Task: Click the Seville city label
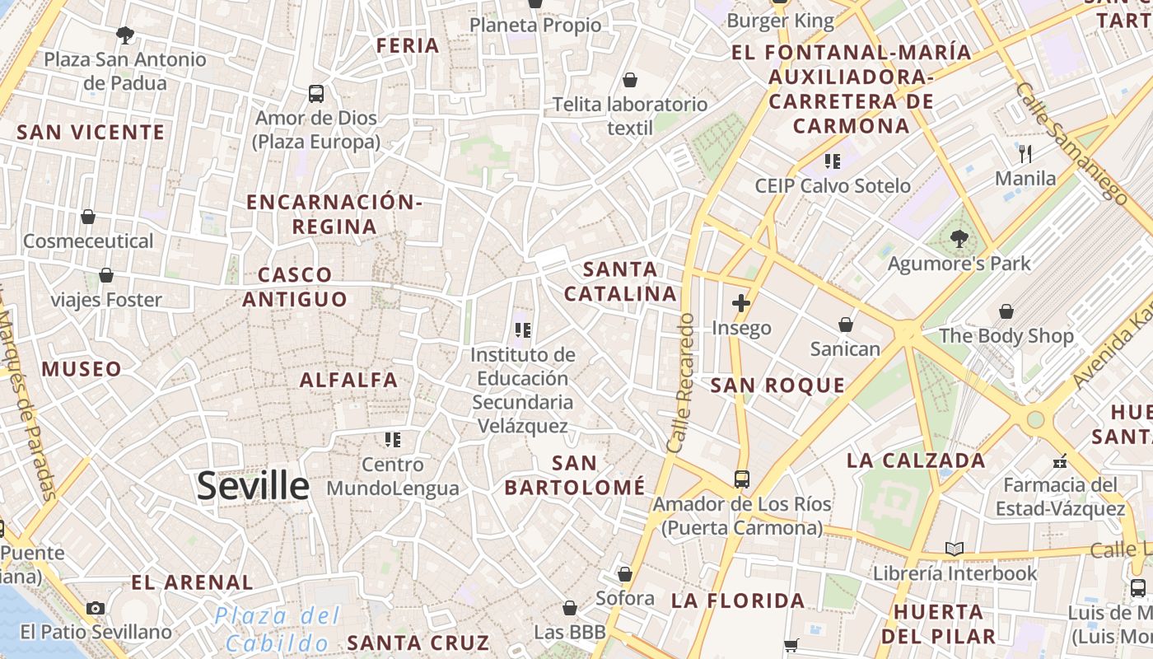(253, 486)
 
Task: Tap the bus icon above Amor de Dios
(316, 93)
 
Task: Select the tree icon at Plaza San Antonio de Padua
(125, 35)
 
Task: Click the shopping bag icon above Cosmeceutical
(88, 217)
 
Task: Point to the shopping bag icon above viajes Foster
(106, 275)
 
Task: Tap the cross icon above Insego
(741, 303)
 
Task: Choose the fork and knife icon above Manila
(1025, 153)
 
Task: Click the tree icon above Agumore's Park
(959, 239)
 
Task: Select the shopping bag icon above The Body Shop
(1006, 311)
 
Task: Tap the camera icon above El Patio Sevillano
(96, 608)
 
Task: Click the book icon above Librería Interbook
(955, 549)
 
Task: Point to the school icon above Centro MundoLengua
(393, 440)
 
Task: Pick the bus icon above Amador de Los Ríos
(742, 479)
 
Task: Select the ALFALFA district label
(349, 380)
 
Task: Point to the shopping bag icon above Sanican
(846, 325)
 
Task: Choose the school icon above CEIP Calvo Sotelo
(833, 161)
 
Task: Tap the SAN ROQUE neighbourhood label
(777, 385)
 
